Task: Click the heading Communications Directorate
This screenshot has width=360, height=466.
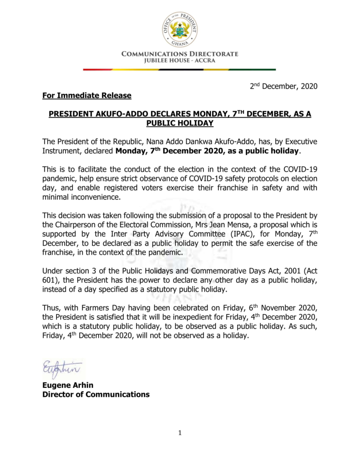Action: coord(180,54)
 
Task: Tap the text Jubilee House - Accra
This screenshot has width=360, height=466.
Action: coord(180,61)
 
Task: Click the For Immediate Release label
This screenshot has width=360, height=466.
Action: coord(87,96)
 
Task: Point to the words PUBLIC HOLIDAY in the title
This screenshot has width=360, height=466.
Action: coord(180,123)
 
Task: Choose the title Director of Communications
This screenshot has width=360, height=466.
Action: coord(96,395)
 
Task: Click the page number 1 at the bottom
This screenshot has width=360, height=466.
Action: coord(180,433)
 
